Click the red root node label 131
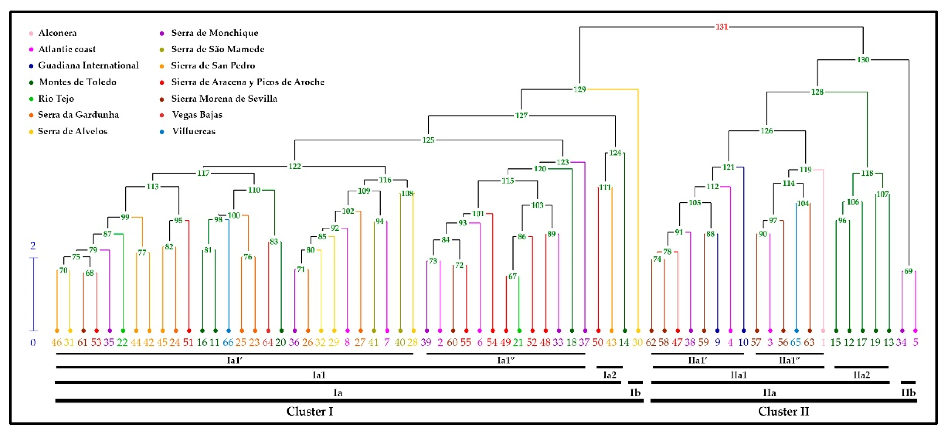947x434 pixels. tap(721, 27)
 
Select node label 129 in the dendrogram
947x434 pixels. tap(579, 89)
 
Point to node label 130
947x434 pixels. tap(863, 59)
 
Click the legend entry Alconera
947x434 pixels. tap(57, 33)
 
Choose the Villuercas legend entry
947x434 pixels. tap(194, 131)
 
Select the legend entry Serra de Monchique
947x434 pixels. tap(215, 33)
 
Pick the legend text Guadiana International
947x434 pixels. tap(88, 65)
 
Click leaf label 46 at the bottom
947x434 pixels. tap(56, 343)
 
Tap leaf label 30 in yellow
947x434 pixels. tap(637, 343)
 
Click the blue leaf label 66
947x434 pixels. tap(228, 343)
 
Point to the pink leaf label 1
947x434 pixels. tap(823, 343)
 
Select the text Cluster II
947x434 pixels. tap(783, 411)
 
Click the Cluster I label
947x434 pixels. tap(309, 411)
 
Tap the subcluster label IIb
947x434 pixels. tap(908, 393)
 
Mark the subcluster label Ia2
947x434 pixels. tap(610, 375)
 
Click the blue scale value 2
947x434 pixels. tap(33, 245)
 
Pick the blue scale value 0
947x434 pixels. tap(33, 343)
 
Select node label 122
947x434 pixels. tap(294, 167)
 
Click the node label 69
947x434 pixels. tap(908, 272)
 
